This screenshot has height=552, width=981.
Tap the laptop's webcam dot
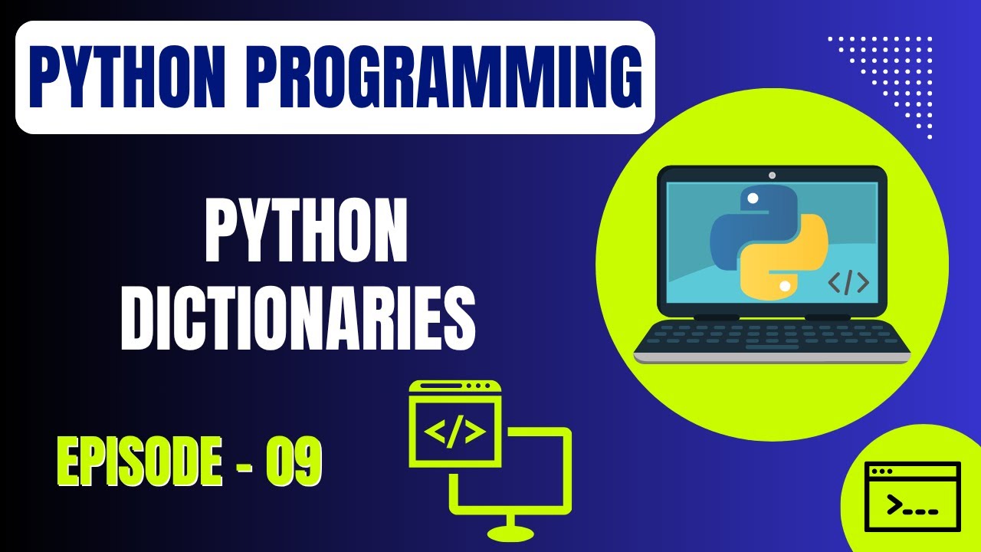coord(772,175)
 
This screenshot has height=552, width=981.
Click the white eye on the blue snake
coord(753,199)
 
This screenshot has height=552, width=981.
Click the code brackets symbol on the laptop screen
coord(848,282)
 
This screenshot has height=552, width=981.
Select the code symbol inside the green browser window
coord(454,432)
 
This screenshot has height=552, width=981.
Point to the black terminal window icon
coord(912,496)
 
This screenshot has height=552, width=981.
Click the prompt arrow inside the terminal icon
coord(894,505)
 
